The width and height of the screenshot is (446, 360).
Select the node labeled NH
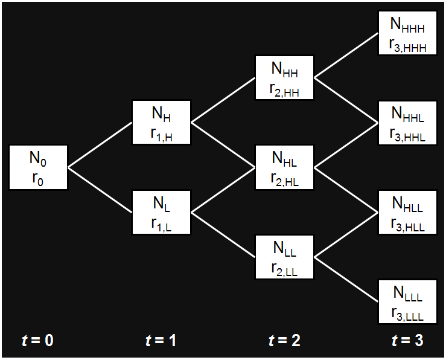point(161,123)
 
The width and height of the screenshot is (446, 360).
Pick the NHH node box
point(284,78)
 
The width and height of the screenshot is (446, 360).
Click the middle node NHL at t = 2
point(284,167)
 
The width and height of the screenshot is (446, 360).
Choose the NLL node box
point(284,257)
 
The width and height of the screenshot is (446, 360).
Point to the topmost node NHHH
point(407,33)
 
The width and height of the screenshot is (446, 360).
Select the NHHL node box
point(407,123)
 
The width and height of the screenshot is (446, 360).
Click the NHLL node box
point(407,212)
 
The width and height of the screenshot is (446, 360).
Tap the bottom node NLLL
point(407,301)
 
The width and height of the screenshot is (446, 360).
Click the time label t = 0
point(38,341)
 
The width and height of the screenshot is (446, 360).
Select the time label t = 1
point(161,341)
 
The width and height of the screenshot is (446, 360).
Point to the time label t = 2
point(284,341)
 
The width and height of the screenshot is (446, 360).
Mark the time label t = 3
point(407,341)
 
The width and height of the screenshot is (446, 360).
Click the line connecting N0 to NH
point(100,144)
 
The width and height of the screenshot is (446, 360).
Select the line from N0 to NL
point(100,190)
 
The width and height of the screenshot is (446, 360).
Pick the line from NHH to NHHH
point(346,56)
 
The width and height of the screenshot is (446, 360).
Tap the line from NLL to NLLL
point(346,279)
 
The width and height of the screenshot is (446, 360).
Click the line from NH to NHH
point(223,100)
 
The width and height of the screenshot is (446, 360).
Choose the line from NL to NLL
point(223,234)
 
